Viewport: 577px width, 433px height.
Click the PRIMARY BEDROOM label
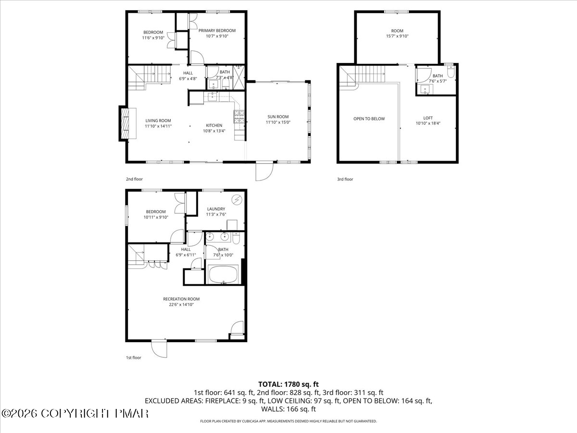click(x=217, y=30)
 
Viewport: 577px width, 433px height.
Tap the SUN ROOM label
click(x=278, y=117)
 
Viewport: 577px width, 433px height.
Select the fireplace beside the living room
click(x=128, y=123)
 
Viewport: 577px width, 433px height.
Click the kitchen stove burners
click(x=239, y=117)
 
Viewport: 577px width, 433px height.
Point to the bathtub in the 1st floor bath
click(x=223, y=274)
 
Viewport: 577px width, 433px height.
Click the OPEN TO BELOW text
click(x=369, y=119)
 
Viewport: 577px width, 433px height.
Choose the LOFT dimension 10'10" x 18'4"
click(x=428, y=123)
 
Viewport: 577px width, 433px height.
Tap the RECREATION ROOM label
click(x=181, y=299)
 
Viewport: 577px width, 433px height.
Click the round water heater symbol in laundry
click(x=237, y=200)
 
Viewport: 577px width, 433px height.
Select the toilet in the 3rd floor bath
click(x=451, y=72)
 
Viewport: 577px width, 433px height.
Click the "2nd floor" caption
click(x=134, y=179)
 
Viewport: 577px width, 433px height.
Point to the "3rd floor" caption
click(x=345, y=179)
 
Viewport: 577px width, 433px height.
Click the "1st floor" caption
click(x=134, y=357)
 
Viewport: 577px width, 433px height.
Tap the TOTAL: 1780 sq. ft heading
click(x=288, y=384)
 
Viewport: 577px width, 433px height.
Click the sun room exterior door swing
click(x=264, y=171)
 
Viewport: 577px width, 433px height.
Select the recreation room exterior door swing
click(x=159, y=349)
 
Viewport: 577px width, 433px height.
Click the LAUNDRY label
click(x=216, y=209)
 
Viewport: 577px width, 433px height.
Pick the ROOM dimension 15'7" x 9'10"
click(x=397, y=36)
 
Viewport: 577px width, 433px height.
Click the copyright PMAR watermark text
click(x=75, y=414)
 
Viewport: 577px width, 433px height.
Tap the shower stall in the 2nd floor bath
click(x=239, y=78)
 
